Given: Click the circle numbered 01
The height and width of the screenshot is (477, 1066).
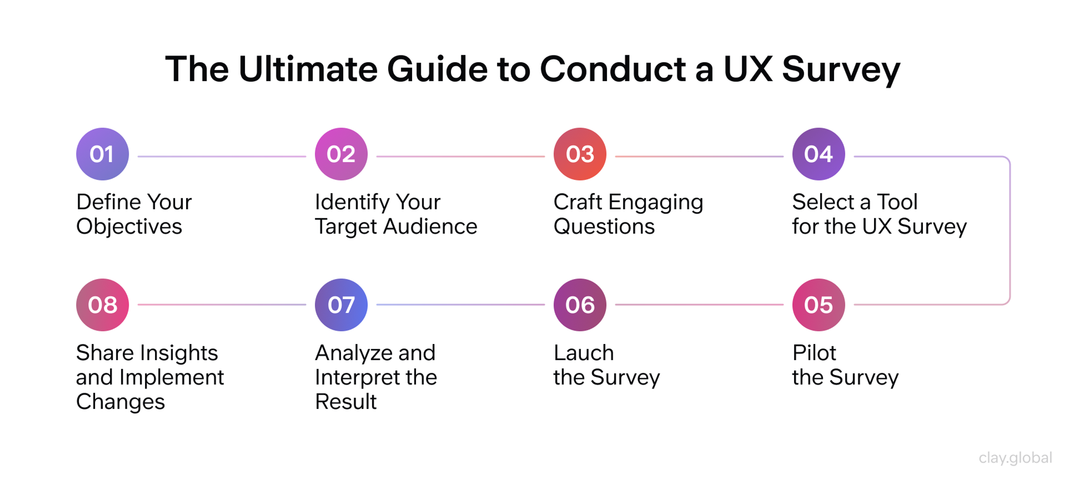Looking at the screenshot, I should pos(102,154).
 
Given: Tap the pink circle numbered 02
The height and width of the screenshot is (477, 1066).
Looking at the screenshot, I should pos(341,154).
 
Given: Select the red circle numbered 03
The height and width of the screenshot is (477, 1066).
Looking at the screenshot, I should pos(580,154).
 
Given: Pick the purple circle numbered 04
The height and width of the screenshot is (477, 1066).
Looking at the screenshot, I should pos(818,154).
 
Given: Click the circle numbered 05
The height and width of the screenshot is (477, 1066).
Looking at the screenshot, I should pos(818,305).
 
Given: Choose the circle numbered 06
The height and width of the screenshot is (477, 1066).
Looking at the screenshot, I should pos(580,305).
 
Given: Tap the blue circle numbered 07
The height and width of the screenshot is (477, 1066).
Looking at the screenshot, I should pos(341,305).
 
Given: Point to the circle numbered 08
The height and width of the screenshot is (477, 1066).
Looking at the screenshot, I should pos(102,305).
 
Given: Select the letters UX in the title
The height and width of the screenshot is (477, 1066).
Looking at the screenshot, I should pos(747,69).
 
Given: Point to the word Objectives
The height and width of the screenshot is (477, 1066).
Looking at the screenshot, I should pos(129,227).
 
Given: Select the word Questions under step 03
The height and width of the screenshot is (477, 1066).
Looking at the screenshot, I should pos(604,227).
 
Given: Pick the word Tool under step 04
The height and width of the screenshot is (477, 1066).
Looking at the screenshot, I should pos(897,202).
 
